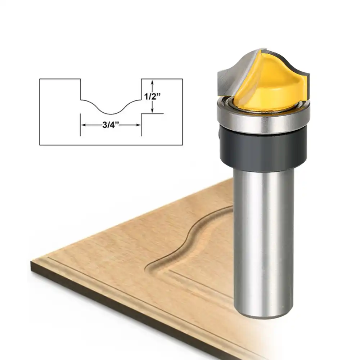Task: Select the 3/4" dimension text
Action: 111,125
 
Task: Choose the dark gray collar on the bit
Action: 263,149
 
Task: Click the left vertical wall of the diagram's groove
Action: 80,89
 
